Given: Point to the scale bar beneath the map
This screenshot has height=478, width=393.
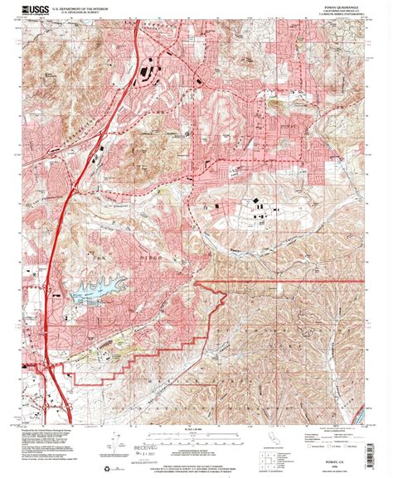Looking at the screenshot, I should [196, 429].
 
